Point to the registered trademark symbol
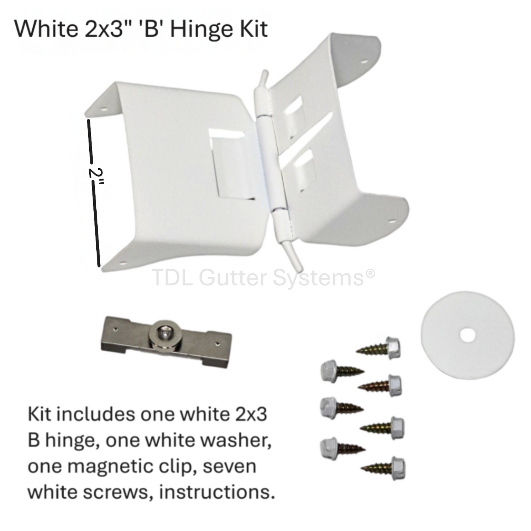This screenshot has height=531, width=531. (371, 273)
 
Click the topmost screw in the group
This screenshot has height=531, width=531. (378, 347)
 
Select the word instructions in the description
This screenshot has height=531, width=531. (217, 492)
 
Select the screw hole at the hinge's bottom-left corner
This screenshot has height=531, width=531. (122, 263)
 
